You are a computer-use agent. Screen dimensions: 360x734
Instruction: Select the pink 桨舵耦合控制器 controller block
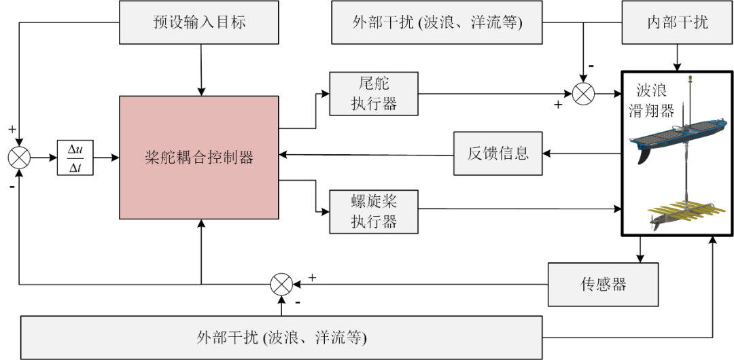[x=199, y=158]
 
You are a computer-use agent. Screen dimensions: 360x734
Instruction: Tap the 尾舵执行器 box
[x=373, y=93]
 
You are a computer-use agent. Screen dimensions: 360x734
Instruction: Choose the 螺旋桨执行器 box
[x=373, y=211]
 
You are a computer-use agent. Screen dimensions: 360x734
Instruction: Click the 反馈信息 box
[x=497, y=153]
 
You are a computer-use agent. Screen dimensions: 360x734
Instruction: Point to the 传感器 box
[x=604, y=284]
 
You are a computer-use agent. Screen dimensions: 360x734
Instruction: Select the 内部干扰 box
[x=677, y=22]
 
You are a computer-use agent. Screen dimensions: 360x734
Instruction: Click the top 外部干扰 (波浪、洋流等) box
[x=436, y=22]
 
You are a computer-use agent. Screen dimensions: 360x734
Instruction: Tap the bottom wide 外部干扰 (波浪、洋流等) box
[x=281, y=337]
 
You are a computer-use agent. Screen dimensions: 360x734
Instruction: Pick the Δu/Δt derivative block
[x=75, y=158]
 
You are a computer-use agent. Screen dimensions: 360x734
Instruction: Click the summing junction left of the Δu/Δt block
[x=19, y=158]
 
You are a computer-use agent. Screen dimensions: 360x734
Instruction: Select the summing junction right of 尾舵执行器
[x=583, y=93]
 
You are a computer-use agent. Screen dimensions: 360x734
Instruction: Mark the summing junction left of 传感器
[x=281, y=284]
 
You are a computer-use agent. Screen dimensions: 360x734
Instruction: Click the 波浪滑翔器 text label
[x=654, y=101]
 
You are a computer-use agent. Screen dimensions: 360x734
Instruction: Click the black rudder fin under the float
[x=646, y=155]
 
